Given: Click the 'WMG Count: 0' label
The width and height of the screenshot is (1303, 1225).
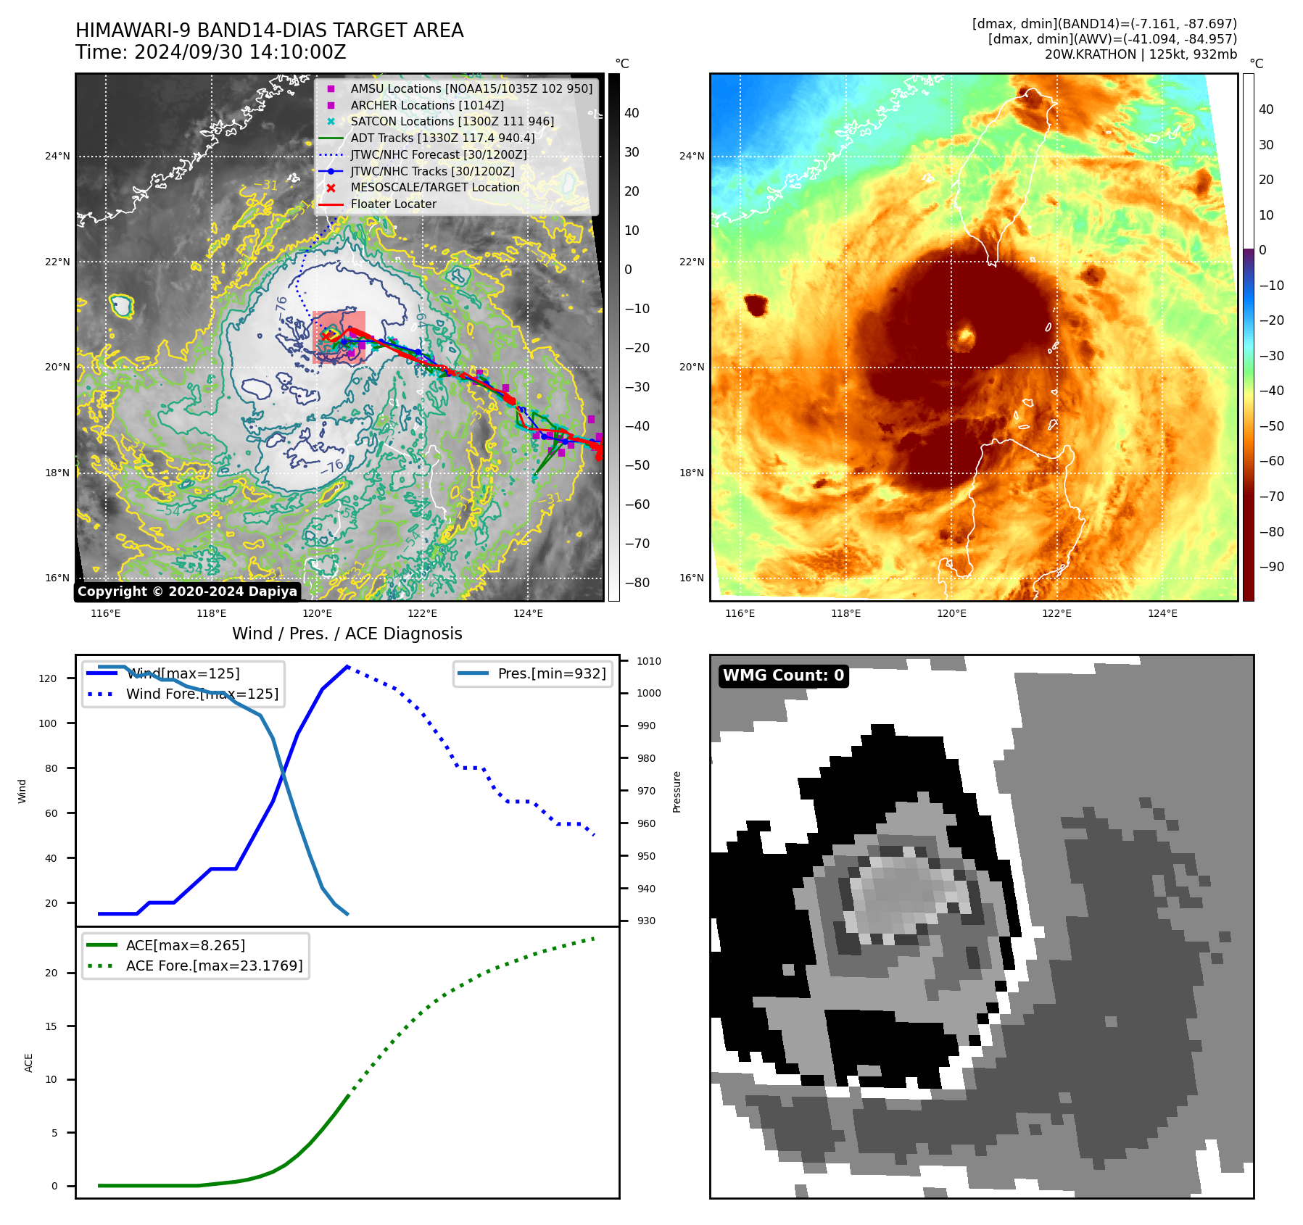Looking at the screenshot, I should pos(783,676).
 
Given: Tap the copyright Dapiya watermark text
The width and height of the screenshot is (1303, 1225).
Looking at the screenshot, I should pos(187,591).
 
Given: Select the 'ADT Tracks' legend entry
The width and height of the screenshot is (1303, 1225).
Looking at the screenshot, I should pos(442,138).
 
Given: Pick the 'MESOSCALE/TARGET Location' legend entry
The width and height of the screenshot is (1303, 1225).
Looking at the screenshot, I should pos(435,187).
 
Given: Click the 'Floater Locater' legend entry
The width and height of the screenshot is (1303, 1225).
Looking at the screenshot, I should pos(393,204).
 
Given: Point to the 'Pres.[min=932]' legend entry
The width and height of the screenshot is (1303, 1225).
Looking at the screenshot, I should pos(551,673).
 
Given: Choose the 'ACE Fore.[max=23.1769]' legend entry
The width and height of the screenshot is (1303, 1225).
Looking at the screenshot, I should pos(214,966).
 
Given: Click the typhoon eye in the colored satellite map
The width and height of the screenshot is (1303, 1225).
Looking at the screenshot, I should pos(965,336).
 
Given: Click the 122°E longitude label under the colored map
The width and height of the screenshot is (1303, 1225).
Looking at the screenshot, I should pos(1056,613).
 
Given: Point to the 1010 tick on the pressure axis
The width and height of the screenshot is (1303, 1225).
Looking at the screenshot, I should pos(649,661).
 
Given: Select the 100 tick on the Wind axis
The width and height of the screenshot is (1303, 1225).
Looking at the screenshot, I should pos(48,723).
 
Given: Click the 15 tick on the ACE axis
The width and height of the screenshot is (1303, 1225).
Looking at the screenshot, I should pos(51,1026).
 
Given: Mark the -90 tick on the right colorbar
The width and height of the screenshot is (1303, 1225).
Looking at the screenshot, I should pos(1272,567).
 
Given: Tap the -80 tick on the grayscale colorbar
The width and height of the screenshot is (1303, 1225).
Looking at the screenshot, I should pos(637,583).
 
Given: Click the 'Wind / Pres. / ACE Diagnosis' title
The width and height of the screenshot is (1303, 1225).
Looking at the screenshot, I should pos(347,634).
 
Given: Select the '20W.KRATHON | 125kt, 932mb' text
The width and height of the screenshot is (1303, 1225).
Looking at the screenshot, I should pos(1141,54).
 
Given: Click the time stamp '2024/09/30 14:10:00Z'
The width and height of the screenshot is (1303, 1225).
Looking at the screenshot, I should pos(240,52).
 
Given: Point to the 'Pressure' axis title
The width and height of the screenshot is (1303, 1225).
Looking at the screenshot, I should pos(677,792).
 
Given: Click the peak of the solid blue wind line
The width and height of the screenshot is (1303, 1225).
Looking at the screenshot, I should pos(348,666).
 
